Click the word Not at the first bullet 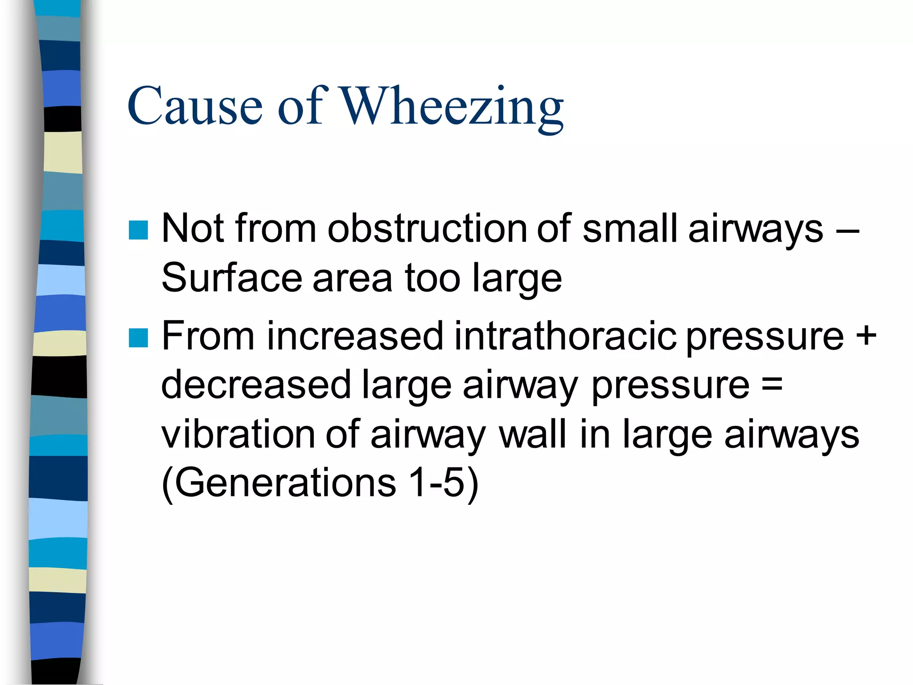coord(192,228)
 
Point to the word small coord(630,228)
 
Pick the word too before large coord(432,278)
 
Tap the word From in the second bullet coord(208,335)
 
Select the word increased coord(355,335)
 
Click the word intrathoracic coord(565,335)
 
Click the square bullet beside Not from coord(138,230)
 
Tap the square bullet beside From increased coord(138,338)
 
